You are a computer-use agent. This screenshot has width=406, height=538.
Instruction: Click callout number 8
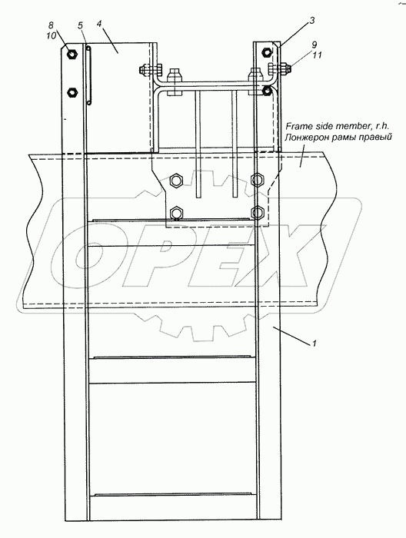[51, 25]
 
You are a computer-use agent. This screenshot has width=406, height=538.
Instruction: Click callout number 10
[51, 35]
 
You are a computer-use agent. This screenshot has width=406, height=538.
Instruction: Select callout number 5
[80, 25]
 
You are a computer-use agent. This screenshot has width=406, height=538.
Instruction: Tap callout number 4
[99, 24]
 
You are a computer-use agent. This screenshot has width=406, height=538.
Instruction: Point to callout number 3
[311, 21]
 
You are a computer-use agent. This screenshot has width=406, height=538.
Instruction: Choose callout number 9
[314, 45]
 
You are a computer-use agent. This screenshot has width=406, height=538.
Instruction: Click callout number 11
[317, 55]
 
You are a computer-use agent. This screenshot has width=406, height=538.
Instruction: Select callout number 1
[314, 344]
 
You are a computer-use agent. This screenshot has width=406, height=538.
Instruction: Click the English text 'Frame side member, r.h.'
[337, 126]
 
